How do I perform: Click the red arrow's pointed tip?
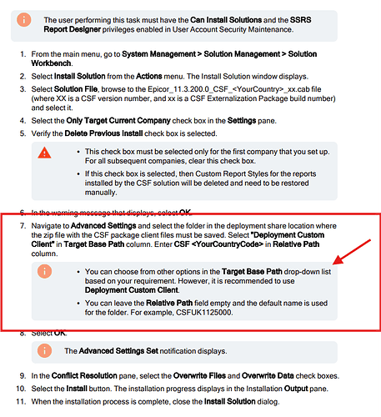(333, 264)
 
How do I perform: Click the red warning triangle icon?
(44, 153)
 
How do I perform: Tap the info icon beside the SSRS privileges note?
(24, 20)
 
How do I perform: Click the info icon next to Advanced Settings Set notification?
(44, 350)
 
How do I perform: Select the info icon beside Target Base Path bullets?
(44, 271)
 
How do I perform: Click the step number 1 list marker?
(23, 54)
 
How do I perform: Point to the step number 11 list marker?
(21, 402)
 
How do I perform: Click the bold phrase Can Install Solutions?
(226, 20)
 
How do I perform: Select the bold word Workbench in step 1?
(51, 63)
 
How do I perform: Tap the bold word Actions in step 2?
(149, 76)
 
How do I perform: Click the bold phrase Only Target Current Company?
(118, 121)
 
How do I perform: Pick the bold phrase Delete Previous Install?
(103, 133)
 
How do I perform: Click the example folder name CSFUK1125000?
(203, 313)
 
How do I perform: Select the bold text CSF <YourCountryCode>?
(218, 244)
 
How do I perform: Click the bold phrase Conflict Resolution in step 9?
(84, 376)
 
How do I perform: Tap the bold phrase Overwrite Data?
(268, 376)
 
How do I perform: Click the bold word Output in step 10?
(296, 389)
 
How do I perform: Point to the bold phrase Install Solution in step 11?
(229, 402)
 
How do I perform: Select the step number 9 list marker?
(23, 376)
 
